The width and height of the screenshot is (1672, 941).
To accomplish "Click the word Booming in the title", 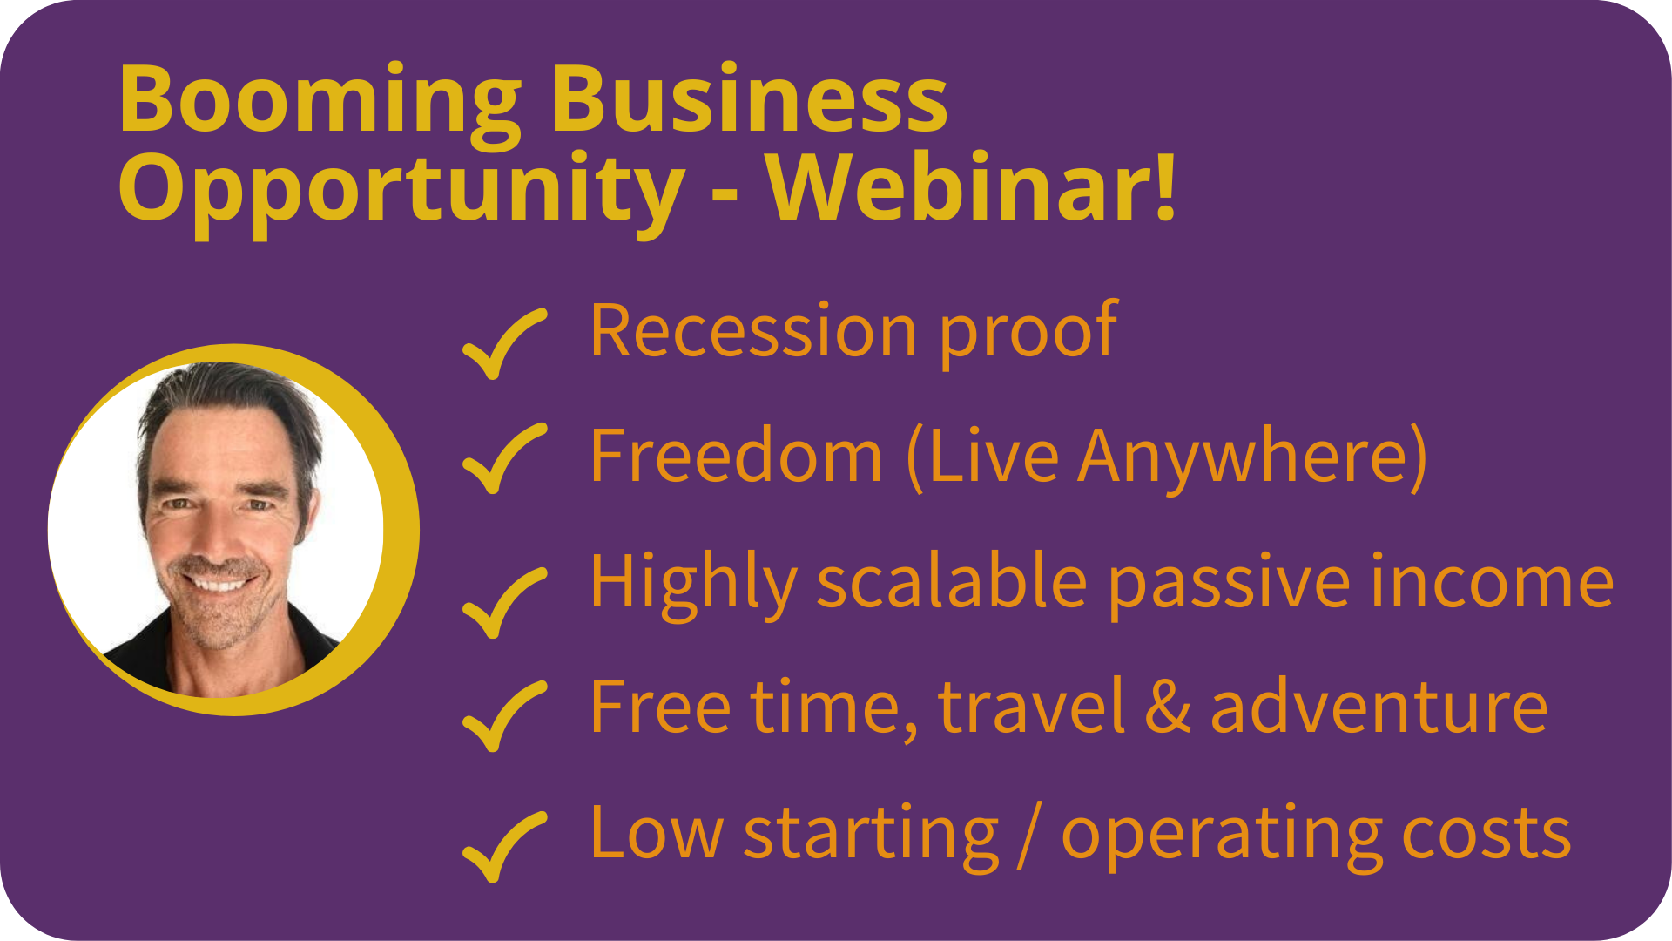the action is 320,103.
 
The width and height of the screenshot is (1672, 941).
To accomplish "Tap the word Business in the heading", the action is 749,97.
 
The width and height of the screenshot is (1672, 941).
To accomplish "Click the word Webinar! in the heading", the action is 971,186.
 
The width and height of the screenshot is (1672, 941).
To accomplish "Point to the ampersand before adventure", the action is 1168,706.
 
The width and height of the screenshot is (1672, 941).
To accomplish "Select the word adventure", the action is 1379,706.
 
